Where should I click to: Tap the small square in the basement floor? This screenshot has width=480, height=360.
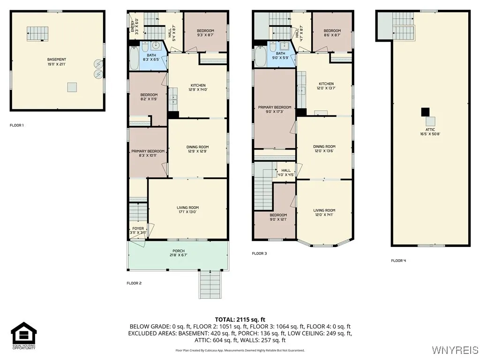pyautogui.click(x=72, y=87)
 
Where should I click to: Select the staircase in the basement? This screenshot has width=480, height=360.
pyautogui.click(x=37, y=34)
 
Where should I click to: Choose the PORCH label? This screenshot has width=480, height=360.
pyautogui.click(x=179, y=253)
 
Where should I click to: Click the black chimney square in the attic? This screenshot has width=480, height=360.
pyautogui.click(x=425, y=112)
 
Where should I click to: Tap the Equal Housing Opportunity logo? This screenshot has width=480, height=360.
pyautogui.click(x=24, y=336)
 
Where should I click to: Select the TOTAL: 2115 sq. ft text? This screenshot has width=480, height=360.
pyautogui.click(x=240, y=319)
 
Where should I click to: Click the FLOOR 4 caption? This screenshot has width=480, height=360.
pyautogui.click(x=398, y=261)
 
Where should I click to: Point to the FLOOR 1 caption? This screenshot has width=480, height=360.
pyautogui.click(x=16, y=125)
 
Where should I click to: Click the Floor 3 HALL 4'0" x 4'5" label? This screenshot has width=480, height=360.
pyautogui.click(x=286, y=172)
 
